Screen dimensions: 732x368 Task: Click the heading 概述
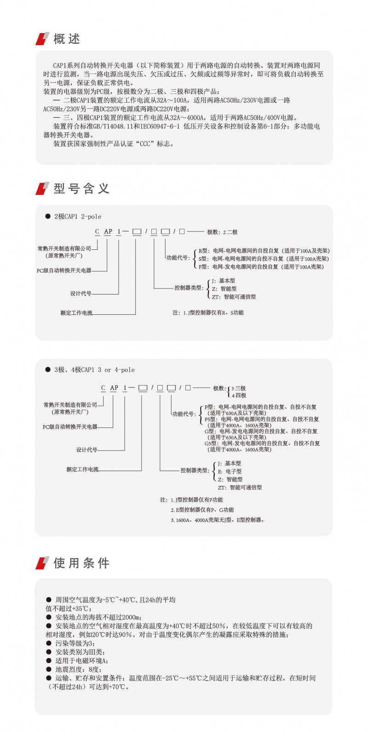66,39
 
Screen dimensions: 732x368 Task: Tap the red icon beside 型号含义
42,189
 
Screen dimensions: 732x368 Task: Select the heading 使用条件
81,563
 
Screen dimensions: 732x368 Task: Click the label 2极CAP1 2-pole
77,217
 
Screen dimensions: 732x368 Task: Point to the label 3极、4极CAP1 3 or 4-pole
94,370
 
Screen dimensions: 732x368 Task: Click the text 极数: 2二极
222,232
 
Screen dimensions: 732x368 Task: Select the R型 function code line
264,251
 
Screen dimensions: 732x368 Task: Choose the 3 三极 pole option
239,388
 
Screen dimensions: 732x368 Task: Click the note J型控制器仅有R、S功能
208,313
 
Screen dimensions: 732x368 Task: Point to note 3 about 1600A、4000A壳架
218,520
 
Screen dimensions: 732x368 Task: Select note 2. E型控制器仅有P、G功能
202,510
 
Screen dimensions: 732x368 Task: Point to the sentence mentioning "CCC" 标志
114,144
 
